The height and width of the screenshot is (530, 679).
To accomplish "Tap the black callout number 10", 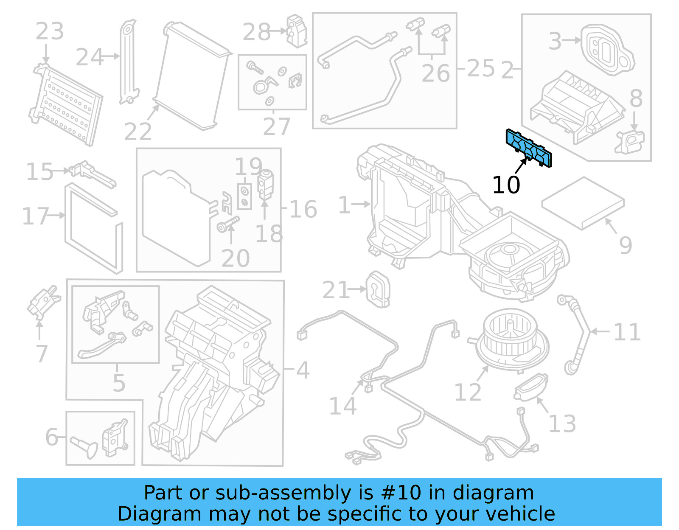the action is [506, 185].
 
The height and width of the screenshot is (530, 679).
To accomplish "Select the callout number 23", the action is [50, 31].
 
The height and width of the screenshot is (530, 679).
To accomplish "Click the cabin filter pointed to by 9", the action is [583, 203].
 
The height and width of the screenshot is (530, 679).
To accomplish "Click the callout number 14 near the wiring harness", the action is [343, 406].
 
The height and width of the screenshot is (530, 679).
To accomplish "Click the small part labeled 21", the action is [377, 289].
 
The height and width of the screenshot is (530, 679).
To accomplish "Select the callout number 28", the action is [256, 32].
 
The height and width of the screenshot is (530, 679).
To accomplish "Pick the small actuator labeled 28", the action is [297, 31].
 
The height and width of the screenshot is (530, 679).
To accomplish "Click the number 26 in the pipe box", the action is [436, 73].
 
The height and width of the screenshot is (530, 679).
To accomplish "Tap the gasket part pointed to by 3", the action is [607, 50].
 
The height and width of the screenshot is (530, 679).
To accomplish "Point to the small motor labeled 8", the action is [631, 141].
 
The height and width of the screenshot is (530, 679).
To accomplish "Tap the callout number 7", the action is [42, 353].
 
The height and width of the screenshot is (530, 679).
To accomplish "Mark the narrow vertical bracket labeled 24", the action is [128, 62].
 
